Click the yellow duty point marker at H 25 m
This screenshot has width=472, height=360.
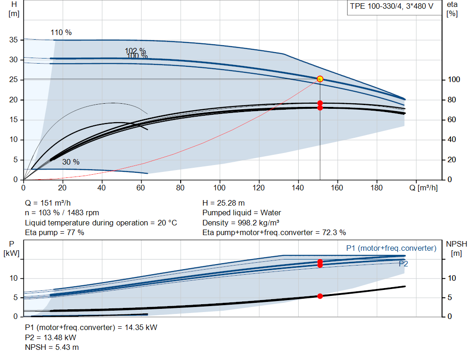[320, 79]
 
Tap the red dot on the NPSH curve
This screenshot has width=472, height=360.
[320, 296]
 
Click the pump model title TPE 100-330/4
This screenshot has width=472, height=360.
[376, 6]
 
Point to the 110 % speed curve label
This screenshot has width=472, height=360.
[61, 33]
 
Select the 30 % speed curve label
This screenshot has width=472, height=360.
[71, 162]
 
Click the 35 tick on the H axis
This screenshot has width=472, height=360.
[13, 40]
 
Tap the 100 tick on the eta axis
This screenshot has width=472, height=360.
[454, 79]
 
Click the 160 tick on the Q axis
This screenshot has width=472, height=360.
[337, 188]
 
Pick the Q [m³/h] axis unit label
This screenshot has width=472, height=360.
[424, 188]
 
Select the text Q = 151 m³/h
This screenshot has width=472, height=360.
[48, 203]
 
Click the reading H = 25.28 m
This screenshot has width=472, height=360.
[224, 203]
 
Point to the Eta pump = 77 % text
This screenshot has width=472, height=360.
[54, 232]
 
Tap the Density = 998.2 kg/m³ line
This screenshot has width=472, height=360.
[241, 223]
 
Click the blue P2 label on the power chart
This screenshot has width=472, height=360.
[403, 264]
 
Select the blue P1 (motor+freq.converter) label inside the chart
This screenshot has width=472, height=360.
[391, 248]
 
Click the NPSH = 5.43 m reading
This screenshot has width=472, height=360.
[52, 348]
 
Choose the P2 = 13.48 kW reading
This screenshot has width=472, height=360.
[51, 337]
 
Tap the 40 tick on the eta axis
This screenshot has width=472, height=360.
[452, 139]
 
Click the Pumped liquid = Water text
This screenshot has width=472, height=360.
[242, 213]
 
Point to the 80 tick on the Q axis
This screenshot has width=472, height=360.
[180, 188]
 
